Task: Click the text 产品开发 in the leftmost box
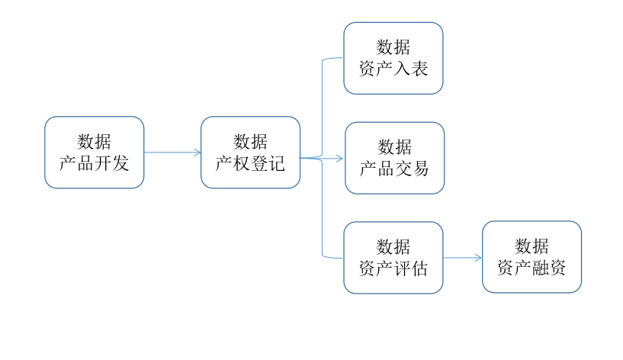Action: tap(94, 162)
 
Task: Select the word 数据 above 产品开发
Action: tap(94, 142)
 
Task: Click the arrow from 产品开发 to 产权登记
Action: tap(172, 153)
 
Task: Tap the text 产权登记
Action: tap(250, 162)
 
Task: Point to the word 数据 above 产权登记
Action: tap(250, 142)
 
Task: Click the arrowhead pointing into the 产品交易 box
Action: tap(339, 159)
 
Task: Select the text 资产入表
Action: tap(393, 69)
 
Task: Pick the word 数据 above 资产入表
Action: tap(393, 47)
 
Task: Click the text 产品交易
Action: tap(394, 169)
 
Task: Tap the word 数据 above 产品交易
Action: tap(394, 147)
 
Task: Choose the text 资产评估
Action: tap(393, 268)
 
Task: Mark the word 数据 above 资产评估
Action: tap(393, 247)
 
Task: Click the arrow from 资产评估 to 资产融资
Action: tap(462, 258)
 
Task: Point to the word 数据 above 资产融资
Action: tap(531, 246)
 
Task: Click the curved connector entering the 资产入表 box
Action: tap(332, 58)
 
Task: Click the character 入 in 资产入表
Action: tap(402, 69)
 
